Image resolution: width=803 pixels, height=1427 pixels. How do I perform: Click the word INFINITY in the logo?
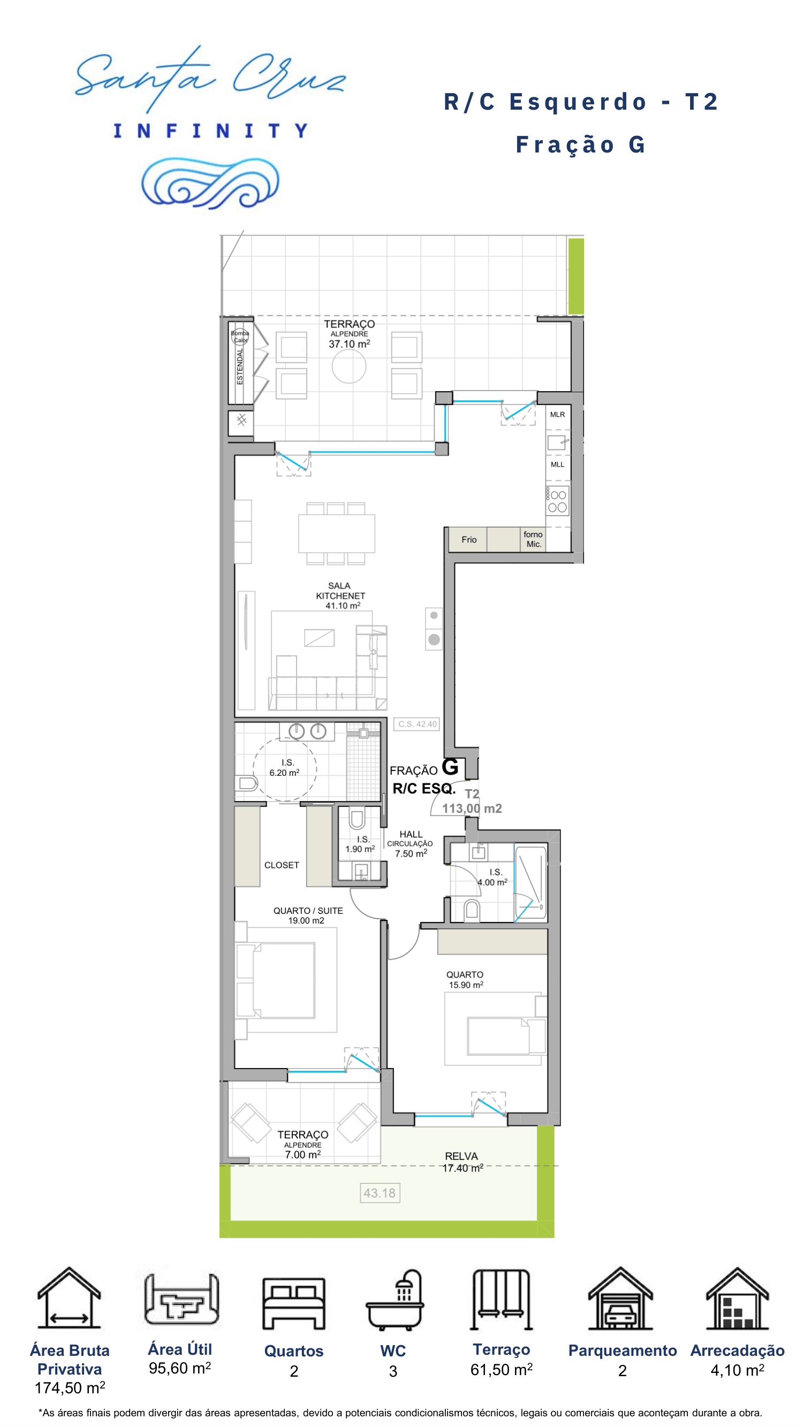(210, 131)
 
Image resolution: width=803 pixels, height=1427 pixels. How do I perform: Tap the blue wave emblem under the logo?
(210, 183)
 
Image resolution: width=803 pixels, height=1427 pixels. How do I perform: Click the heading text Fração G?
(581, 144)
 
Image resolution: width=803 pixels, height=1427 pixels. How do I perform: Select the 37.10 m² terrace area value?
(349, 344)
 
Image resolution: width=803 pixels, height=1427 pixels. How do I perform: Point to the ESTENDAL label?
(240, 366)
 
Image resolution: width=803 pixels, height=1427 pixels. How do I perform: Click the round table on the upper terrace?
(349, 366)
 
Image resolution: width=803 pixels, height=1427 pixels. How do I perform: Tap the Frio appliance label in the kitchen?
(469, 539)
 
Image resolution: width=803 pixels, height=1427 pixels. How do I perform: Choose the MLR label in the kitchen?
(557, 414)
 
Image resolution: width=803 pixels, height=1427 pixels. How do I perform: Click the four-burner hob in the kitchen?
(557, 501)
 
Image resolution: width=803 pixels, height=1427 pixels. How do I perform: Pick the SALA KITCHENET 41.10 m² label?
(340, 596)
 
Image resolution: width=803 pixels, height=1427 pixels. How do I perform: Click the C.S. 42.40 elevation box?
(418, 724)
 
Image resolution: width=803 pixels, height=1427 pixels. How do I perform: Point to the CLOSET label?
(282, 865)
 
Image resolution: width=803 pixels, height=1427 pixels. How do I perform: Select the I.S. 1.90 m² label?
(361, 844)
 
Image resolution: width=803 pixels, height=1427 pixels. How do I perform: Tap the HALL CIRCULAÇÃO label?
(411, 844)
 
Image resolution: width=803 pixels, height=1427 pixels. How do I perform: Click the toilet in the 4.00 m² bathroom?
(472, 909)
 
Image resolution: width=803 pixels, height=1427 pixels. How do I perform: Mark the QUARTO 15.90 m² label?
(466, 979)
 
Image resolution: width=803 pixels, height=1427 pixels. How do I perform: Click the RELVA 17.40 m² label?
(462, 1162)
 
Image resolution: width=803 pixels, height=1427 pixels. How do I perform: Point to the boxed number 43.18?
(380, 1193)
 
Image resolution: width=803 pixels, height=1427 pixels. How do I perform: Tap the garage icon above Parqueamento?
(620, 1298)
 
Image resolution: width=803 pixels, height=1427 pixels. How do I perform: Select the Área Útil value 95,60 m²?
(179, 1368)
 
